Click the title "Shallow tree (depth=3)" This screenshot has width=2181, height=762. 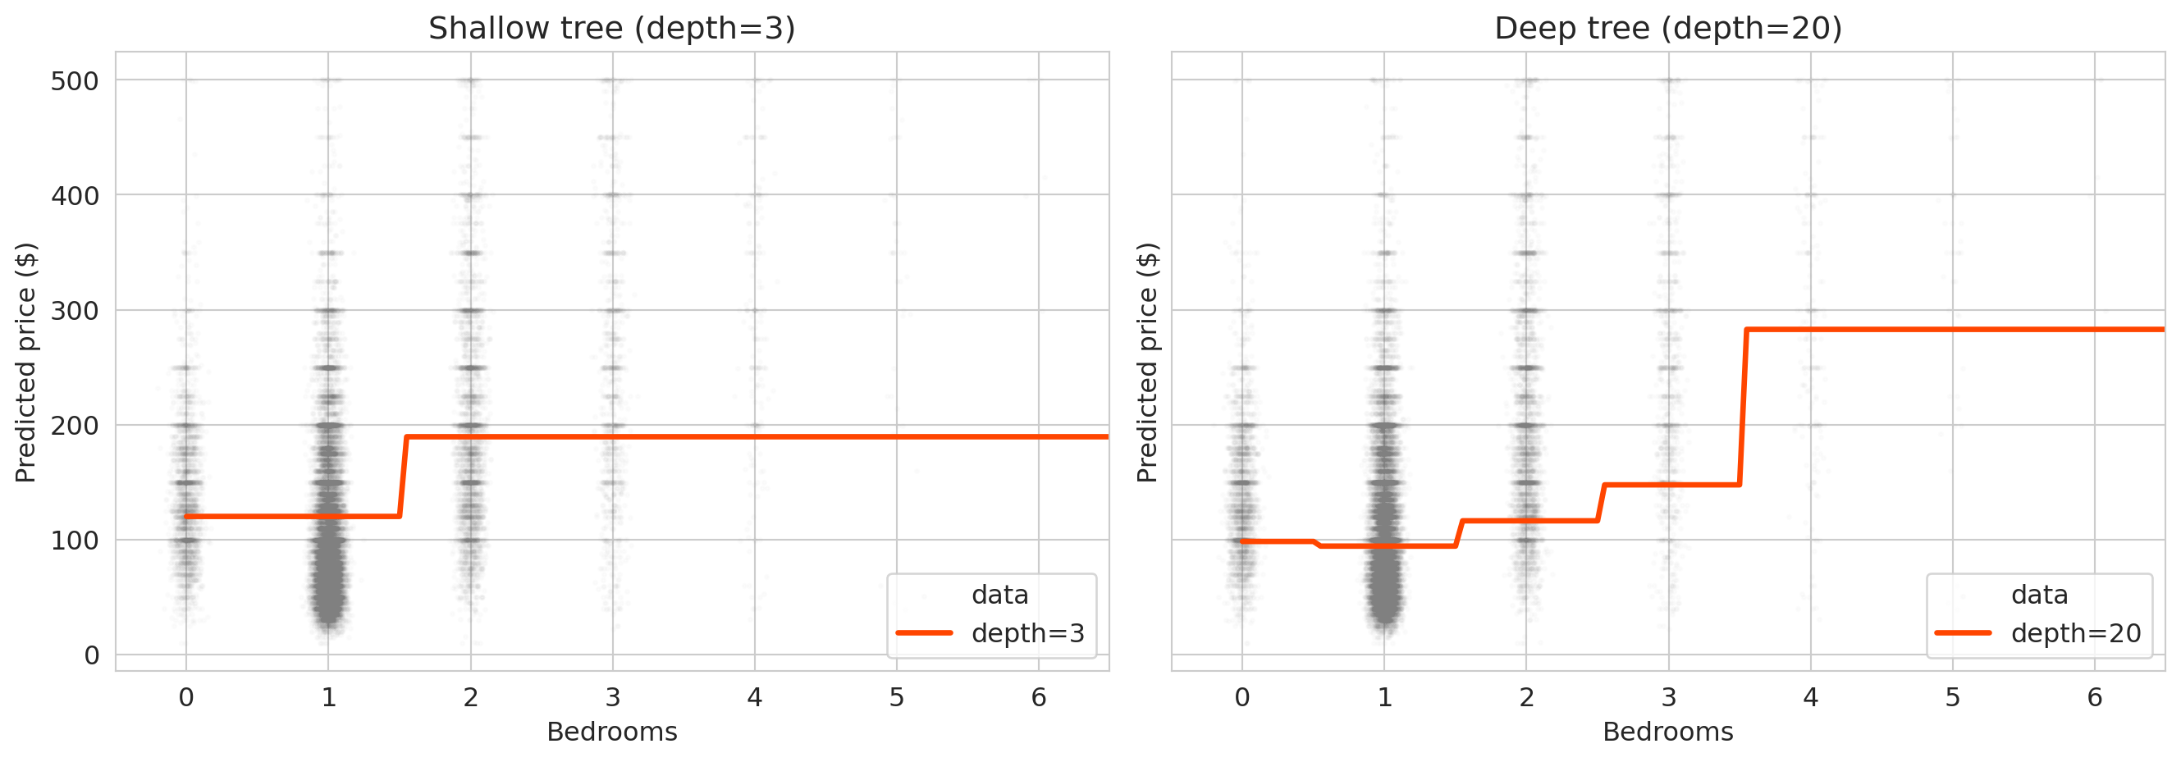611,29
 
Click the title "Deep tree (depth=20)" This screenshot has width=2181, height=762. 1668,29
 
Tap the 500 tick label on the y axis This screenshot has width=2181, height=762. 75,81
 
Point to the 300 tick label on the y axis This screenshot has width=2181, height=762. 75,311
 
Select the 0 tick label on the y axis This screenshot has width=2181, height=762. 91,655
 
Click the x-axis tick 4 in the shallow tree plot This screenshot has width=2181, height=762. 754,698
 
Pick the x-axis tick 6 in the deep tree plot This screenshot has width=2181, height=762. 2094,698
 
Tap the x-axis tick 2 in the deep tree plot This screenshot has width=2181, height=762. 1525,698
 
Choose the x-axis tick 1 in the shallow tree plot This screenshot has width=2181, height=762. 328,698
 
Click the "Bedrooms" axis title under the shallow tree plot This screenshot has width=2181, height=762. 611,732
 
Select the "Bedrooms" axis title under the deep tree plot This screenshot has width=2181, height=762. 1668,732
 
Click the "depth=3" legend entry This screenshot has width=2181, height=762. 1027,633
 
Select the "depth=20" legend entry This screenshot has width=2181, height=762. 2075,633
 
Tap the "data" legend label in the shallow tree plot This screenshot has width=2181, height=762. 999,595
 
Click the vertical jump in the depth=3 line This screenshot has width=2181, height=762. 403,477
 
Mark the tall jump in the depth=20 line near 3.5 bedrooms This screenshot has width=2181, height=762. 1743,406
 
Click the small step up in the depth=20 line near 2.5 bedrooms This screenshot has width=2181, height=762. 1600,503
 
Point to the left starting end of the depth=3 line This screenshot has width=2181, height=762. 187,517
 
